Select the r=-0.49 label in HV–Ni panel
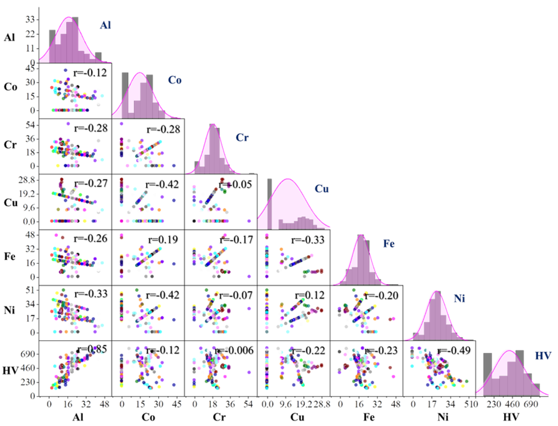pos(454,350)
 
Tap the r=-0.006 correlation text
pos(234,350)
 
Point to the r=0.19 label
pos(163,240)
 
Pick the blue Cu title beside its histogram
pos(322,189)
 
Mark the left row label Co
pos(10,87)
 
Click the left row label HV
pos(10,371)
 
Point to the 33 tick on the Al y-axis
pos(30,20)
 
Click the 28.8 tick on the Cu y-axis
pos(27,180)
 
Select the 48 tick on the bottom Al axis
pos(104,404)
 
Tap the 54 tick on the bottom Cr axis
pos(248,404)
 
